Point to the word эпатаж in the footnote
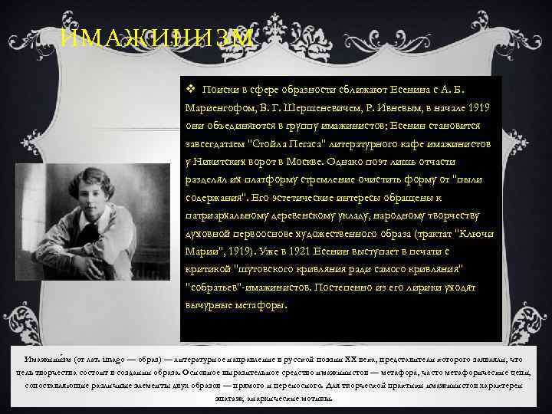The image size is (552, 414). pos(235,399)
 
